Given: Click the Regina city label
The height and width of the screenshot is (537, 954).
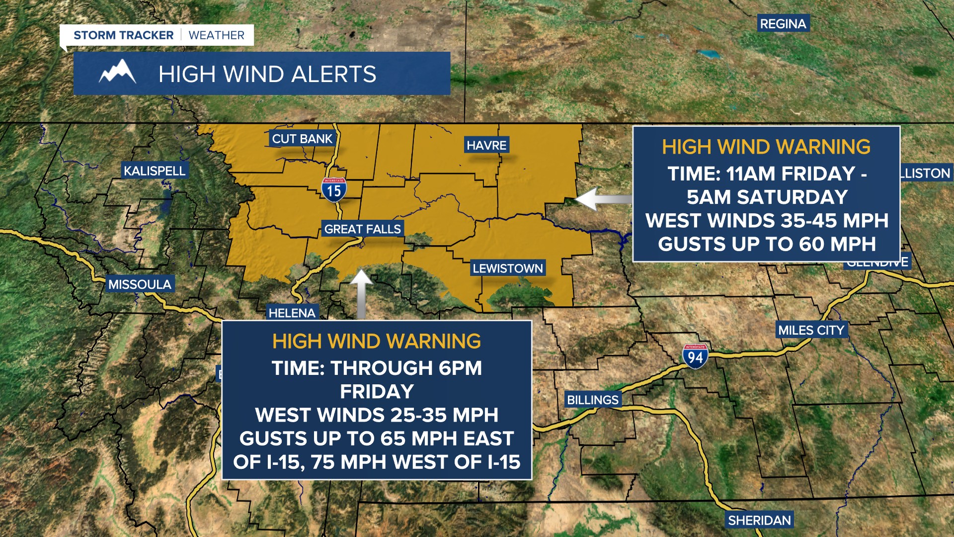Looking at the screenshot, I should [x=783, y=24].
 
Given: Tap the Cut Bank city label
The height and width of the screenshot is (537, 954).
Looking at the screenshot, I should [x=302, y=139].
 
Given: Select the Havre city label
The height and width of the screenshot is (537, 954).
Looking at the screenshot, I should [x=486, y=145].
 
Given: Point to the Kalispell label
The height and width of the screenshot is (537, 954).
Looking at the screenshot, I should [x=154, y=171].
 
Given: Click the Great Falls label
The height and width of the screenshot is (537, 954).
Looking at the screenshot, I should [x=362, y=229].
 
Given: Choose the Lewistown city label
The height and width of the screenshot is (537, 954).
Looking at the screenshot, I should [x=507, y=268].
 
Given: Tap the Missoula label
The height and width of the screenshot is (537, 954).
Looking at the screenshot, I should [x=140, y=284].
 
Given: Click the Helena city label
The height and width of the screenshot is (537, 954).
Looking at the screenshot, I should [x=292, y=313].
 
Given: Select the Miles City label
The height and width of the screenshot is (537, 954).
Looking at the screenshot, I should [x=811, y=330].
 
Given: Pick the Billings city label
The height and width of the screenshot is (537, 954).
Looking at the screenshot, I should [x=592, y=400].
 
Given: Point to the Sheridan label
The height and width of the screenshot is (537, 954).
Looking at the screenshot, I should [x=759, y=520].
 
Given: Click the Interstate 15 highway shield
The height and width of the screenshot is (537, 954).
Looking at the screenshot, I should [x=334, y=189].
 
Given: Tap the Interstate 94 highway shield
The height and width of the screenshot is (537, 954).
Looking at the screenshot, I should [x=695, y=356].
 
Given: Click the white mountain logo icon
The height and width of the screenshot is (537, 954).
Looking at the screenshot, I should [x=117, y=73].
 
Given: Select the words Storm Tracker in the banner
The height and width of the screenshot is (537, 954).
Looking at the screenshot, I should [x=123, y=35].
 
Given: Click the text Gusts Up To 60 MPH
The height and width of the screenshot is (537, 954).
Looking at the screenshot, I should [x=767, y=244].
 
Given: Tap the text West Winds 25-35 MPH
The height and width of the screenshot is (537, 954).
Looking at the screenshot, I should [x=377, y=415].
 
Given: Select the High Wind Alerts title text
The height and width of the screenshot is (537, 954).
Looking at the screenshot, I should [x=267, y=75].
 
